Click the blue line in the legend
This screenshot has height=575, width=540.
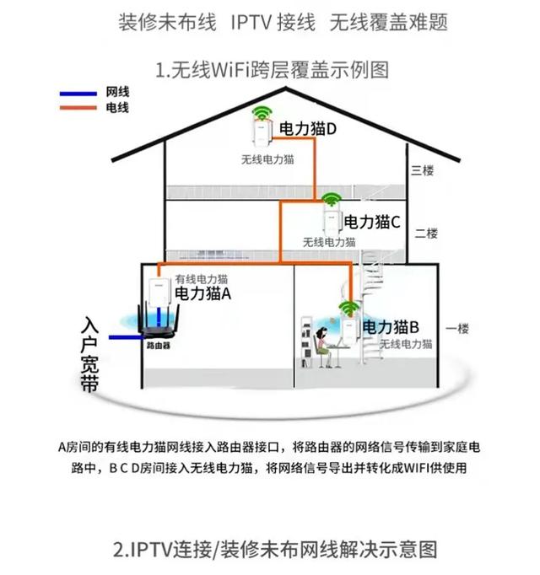point(78,93)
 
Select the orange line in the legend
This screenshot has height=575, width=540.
point(78,108)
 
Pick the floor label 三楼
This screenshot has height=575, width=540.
point(422,170)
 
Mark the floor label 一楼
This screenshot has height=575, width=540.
point(456,329)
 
